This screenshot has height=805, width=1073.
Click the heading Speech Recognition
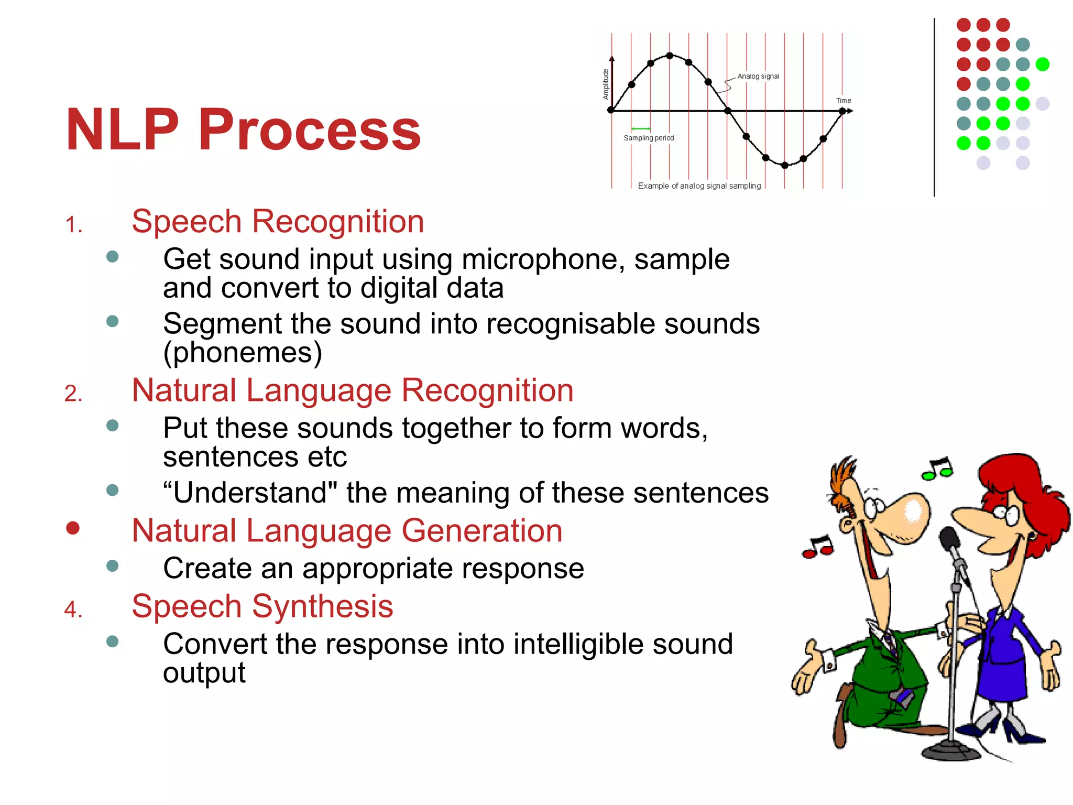click(x=277, y=221)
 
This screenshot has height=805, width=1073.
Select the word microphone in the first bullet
click(x=543, y=259)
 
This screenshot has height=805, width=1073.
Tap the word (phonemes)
click(x=242, y=352)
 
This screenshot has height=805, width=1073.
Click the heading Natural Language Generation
click(x=347, y=530)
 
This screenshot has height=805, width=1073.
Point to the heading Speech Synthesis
click(x=262, y=606)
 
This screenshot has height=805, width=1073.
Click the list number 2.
click(x=73, y=394)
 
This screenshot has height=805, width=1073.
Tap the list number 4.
click(x=73, y=610)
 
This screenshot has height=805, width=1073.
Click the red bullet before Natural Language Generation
click(x=73, y=528)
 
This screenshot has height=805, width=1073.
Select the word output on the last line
click(x=204, y=672)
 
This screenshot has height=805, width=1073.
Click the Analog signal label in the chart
click(x=758, y=77)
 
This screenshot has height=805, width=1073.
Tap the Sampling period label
click(x=648, y=138)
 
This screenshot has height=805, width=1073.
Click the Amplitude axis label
click(x=606, y=84)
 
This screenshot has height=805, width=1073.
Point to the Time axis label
click(x=843, y=101)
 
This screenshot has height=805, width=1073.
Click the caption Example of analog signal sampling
click(x=699, y=186)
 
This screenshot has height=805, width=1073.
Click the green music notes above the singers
click(x=938, y=469)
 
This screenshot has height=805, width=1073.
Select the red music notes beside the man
click(x=818, y=548)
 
